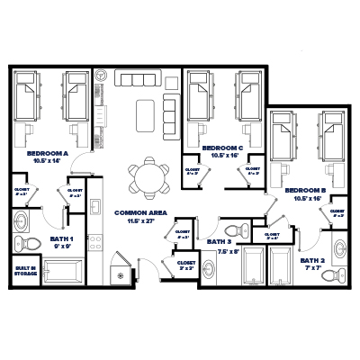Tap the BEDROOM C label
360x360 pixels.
[x=222, y=148]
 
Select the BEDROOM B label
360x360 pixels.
[x=304, y=192]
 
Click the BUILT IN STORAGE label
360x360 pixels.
[x=25, y=271]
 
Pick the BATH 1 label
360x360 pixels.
[x=61, y=239]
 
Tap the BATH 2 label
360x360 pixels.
[x=310, y=260]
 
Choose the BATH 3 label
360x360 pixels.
[x=220, y=242]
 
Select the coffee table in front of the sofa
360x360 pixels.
[x=145, y=113]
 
